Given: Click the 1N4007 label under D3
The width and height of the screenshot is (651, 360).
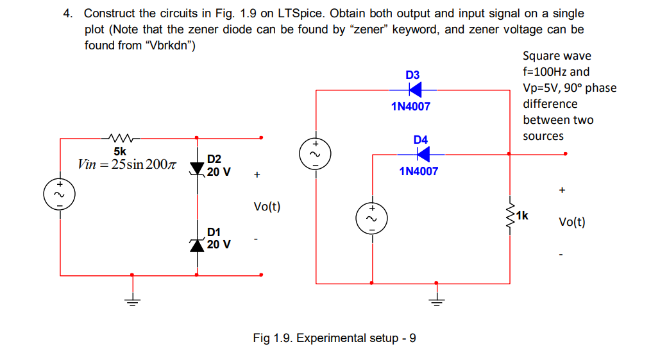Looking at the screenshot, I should point(410,107).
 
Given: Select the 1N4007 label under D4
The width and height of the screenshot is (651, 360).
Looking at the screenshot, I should point(418,171).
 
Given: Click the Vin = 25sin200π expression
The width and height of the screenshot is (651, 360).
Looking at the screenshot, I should point(126,164).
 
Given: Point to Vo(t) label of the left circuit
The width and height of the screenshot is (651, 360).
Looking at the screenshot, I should point(267,207).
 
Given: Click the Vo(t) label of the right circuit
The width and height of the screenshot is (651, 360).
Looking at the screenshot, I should point(571,222).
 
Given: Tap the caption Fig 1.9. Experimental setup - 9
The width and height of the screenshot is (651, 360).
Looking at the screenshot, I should point(334,338).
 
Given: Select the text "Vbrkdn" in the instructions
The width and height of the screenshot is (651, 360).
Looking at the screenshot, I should point(169,46).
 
